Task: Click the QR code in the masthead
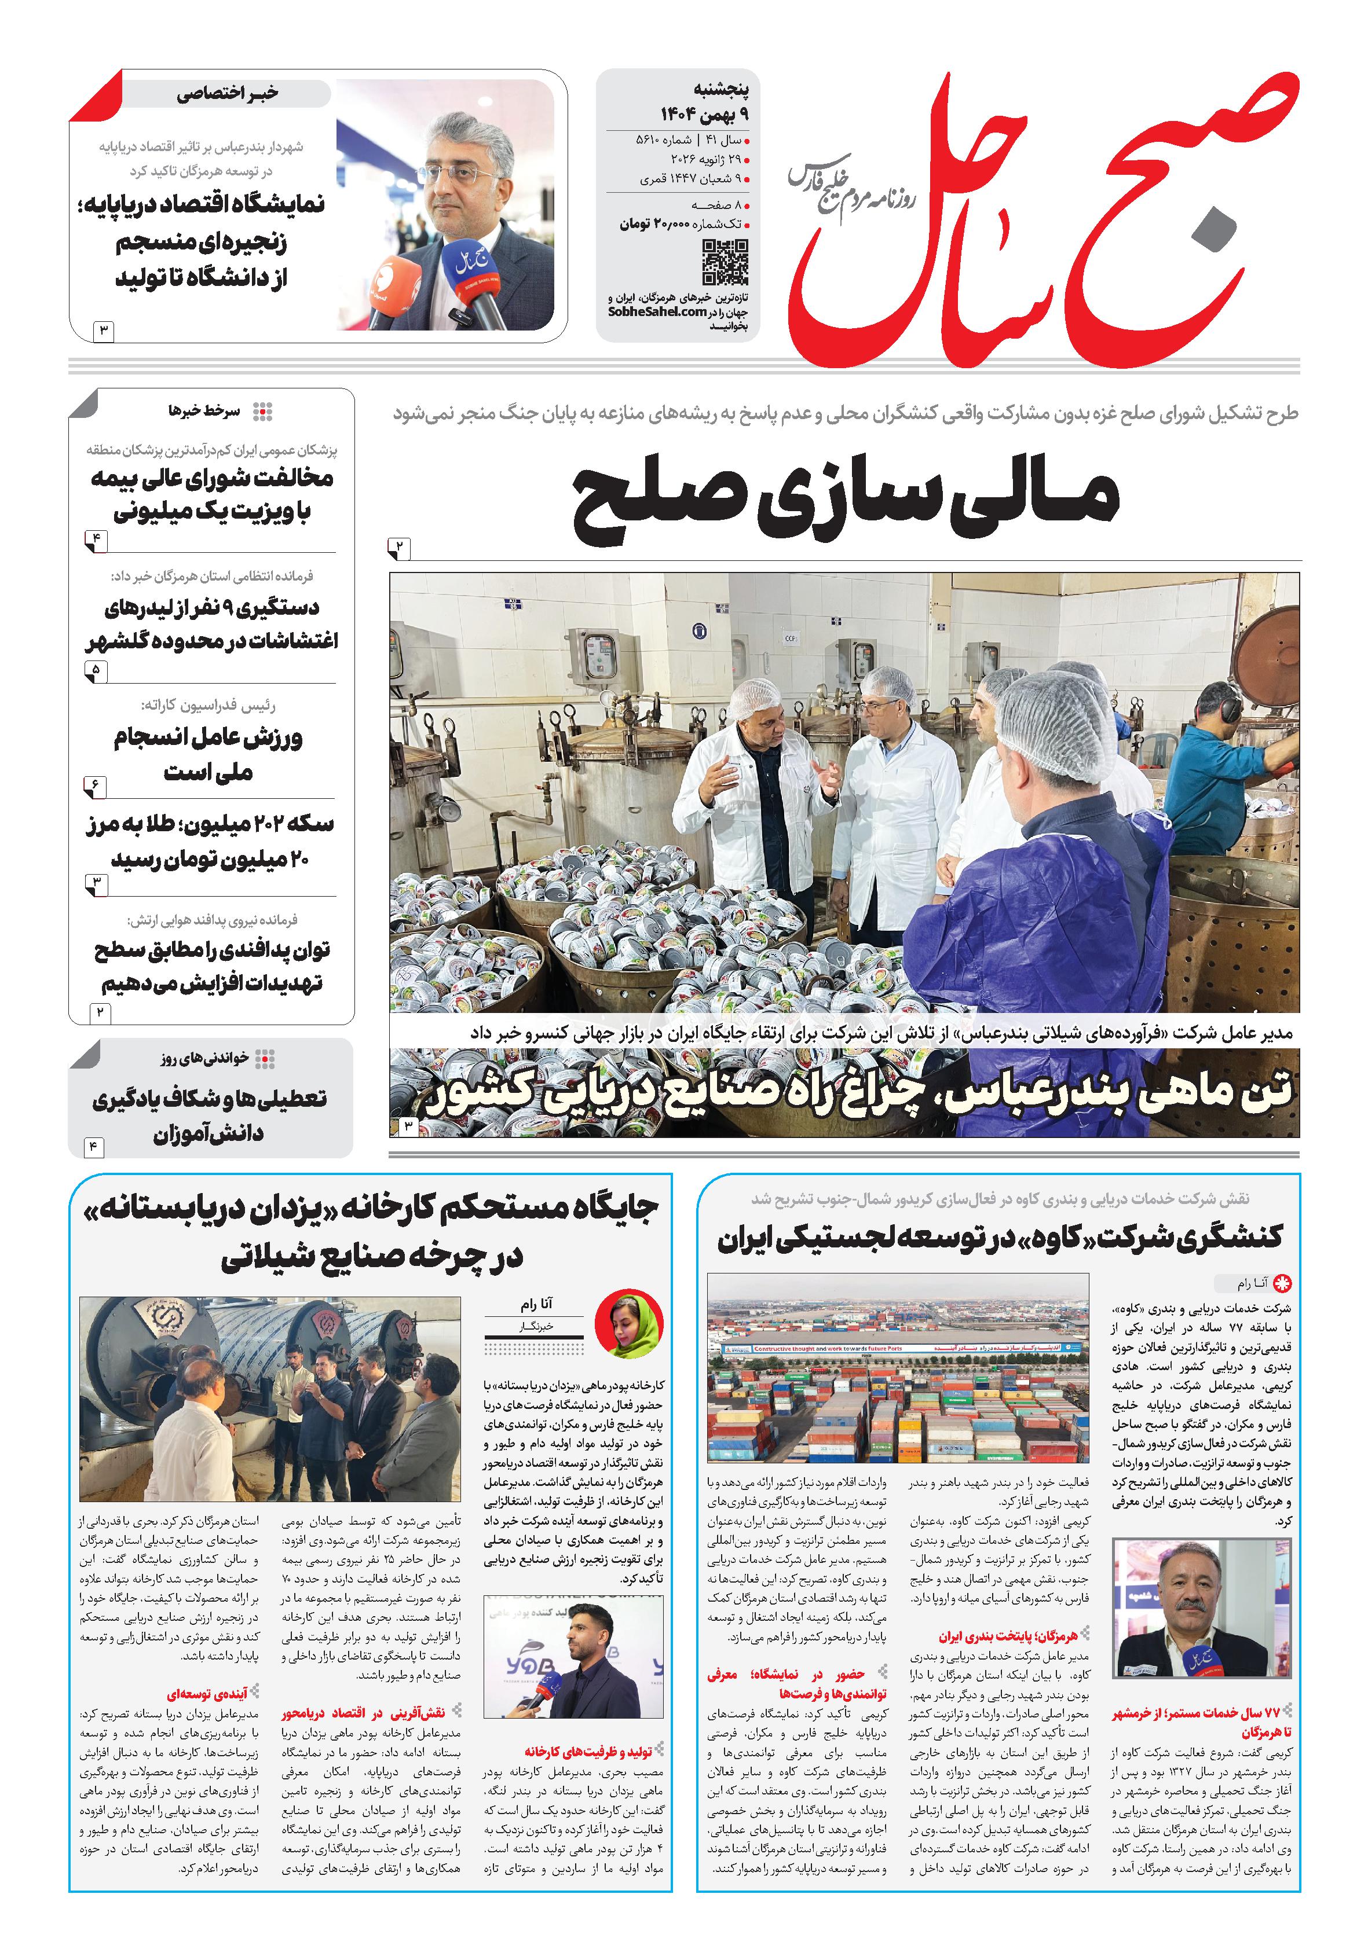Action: point(725,262)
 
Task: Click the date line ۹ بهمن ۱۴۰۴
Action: point(709,113)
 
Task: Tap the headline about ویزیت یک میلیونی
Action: point(212,495)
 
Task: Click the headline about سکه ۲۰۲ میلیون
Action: point(209,842)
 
